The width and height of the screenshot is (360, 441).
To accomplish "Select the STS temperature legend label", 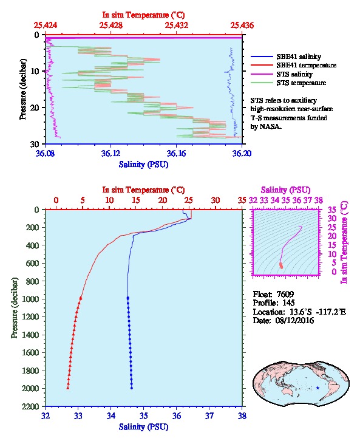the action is coord(301,83).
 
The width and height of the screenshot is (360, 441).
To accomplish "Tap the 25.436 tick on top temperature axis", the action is coord(242,26).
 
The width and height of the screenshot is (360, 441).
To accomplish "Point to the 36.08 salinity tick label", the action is coord(46,153).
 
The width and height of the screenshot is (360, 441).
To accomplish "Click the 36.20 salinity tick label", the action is coord(242,153).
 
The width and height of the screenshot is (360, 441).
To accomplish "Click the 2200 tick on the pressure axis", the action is coord(30,406).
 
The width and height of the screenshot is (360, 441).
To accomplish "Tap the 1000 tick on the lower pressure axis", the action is coord(30,299).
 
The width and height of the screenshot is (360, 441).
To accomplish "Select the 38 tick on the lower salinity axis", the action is coord(242,415).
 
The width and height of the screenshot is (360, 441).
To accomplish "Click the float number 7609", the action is coord(285,294).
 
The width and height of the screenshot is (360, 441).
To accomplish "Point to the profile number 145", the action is coord(288,303).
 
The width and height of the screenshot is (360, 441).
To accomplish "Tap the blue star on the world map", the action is coord(318,388).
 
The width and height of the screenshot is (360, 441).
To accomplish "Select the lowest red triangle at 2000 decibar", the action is coord(68,388).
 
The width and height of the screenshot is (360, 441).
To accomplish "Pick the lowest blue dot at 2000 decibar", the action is coord(132,388).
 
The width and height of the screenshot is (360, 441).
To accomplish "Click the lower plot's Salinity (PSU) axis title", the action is coord(143,427).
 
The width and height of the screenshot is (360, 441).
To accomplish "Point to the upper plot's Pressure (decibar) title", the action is coord(22,89).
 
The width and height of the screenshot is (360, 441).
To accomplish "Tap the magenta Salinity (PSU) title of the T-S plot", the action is coord(285,190).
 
